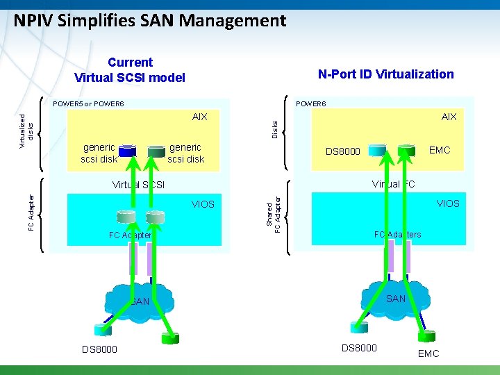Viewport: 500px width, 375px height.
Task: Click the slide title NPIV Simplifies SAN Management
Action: (x=149, y=21)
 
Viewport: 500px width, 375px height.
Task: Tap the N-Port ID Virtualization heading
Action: (x=385, y=74)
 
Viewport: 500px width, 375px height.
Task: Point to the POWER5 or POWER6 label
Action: (x=88, y=103)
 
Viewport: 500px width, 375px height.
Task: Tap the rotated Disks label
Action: (x=275, y=128)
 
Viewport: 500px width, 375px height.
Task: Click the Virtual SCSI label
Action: (x=138, y=185)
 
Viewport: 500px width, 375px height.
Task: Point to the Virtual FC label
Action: (x=394, y=184)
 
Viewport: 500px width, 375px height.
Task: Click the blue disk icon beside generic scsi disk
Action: (x=126, y=149)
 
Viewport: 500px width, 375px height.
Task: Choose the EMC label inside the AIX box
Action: (x=440, y=149)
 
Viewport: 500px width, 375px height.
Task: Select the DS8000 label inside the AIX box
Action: (x=343, y=151)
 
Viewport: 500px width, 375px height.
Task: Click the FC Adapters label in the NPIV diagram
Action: (x=397, y=234)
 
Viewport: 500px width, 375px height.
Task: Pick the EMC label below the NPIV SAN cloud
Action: (x=428, y=353)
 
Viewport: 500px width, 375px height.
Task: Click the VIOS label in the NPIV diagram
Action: (x=447, y=203)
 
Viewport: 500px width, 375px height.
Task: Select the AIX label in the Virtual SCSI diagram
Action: (x=199, y=117)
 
